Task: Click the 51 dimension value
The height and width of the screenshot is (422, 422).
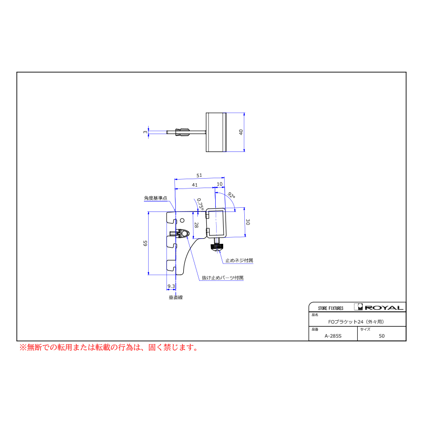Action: (x=199, y=175)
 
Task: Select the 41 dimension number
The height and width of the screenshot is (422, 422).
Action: (x=195, y=185)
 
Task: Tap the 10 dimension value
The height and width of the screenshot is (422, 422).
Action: (x=219, y=184)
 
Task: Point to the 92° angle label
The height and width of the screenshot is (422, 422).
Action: (x=232, y=195)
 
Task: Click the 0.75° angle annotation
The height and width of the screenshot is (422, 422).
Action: (x=200, y=204)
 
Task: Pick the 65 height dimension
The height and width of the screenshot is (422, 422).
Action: (x=145, y=243)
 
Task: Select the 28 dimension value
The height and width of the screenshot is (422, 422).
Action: (x=196, y=225)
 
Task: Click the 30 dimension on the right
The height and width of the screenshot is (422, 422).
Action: (x=248, y=222)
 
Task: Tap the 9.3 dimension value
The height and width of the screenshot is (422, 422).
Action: (x=171, y=286)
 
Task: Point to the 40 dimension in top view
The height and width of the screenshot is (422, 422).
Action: (x=241, y=132)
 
